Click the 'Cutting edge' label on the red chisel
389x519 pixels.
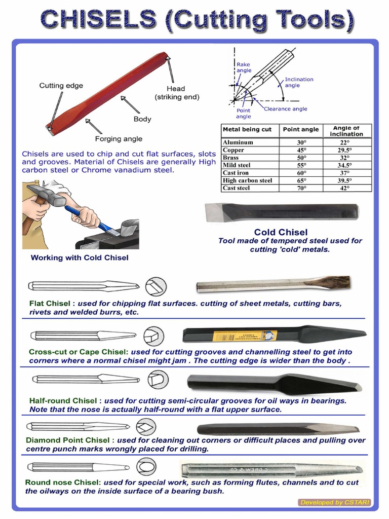click(61, 86)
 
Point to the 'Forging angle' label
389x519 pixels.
click(119, 138)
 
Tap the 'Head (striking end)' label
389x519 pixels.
click(177, 93)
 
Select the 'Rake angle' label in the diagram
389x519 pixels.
click(244, 67)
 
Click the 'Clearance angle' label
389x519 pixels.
click(285, 109)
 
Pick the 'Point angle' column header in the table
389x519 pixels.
click(301, 129)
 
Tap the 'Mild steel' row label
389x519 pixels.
click(237, 165)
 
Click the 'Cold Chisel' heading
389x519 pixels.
click(281, 232)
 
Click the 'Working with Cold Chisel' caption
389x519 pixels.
click(80, 257)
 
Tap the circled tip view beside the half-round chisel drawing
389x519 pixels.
click(158, 379)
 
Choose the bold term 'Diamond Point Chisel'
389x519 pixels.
click(68, 440)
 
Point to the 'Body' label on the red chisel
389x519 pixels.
click(142, 119)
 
